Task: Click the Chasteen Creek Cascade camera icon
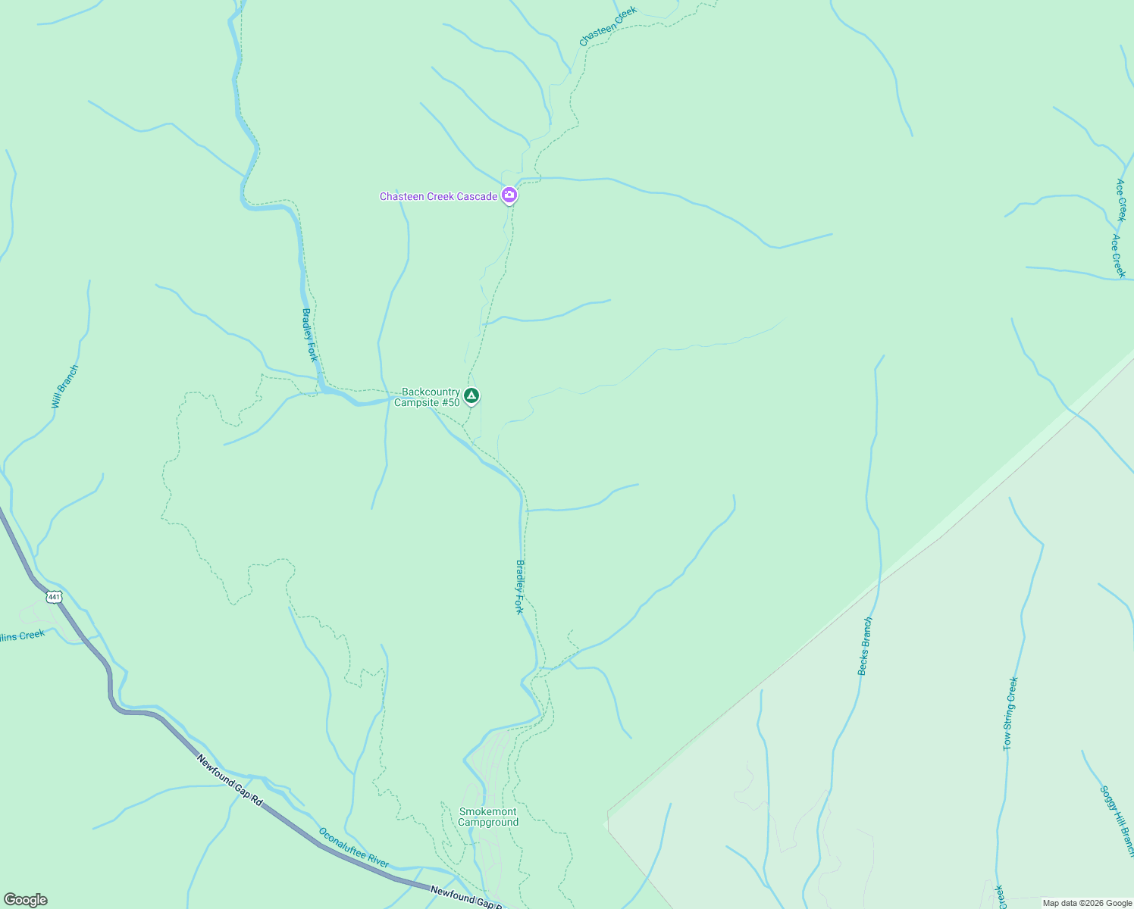pos(509,195)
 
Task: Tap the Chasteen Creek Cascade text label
pos(438,197)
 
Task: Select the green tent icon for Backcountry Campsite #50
pos(471,395)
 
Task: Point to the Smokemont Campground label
pos(488,817)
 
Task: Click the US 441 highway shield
pos(53,597)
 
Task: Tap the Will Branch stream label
pos(64,387)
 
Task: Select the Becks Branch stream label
pos(865,646)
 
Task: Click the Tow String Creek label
pos(1010,714)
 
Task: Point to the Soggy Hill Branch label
pos(1117,821)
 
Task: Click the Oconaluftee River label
pos(353,848)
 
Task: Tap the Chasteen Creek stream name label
pos(608,26)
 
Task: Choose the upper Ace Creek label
pos(1121,200)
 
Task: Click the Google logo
pos(25,900)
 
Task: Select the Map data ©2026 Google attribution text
pos(1087,903)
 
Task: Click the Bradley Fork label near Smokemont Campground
pos(519,587)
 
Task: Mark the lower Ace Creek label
pos(1117,256)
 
